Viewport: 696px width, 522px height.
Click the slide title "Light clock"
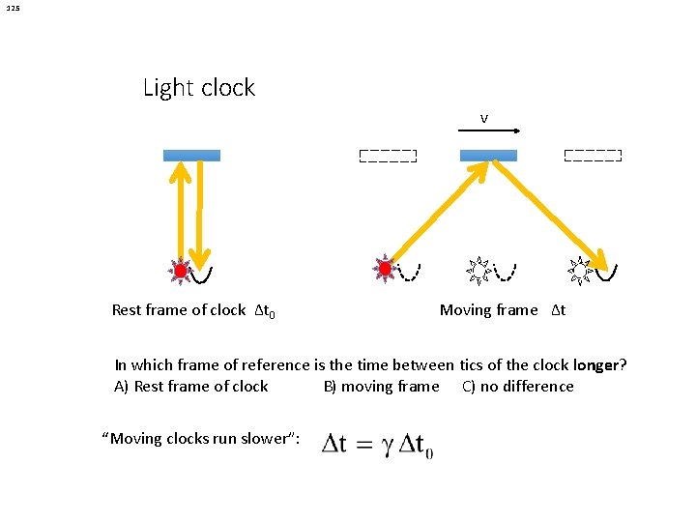(199, 88)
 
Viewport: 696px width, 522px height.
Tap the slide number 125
(12, 9)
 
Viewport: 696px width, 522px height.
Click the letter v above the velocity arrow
(484, 119)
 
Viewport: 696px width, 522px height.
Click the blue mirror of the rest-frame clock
(191, 155)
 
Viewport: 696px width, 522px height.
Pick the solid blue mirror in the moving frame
(488, 155)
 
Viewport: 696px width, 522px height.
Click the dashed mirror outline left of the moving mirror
(388, 156)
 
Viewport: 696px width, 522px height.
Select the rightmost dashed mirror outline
(593, 156)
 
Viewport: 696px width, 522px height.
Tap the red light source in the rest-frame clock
(180, 271)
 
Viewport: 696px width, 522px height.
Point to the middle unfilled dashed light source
(477, 270)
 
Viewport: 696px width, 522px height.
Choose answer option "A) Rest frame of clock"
(191, 387)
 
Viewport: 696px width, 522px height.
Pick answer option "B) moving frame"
(381, 387)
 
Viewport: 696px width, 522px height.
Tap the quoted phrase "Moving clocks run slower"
(201, 439)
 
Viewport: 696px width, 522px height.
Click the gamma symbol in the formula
(384, 446)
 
